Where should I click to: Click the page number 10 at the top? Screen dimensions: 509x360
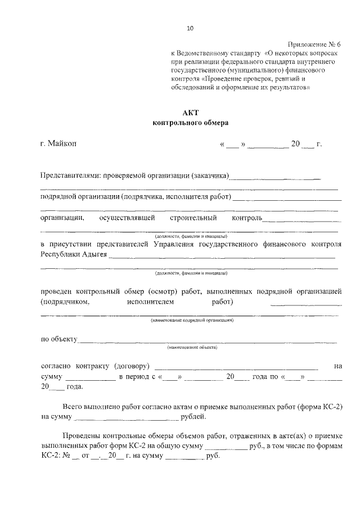coord(190,28)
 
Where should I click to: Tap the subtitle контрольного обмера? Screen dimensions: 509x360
coord(191,122)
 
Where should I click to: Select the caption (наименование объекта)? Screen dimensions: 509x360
coord(192,347)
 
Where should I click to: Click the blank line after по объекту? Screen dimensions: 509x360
coord(208,340)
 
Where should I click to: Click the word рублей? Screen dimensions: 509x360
coord(193,417)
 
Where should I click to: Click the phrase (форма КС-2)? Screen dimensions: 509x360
coord(321,407)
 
